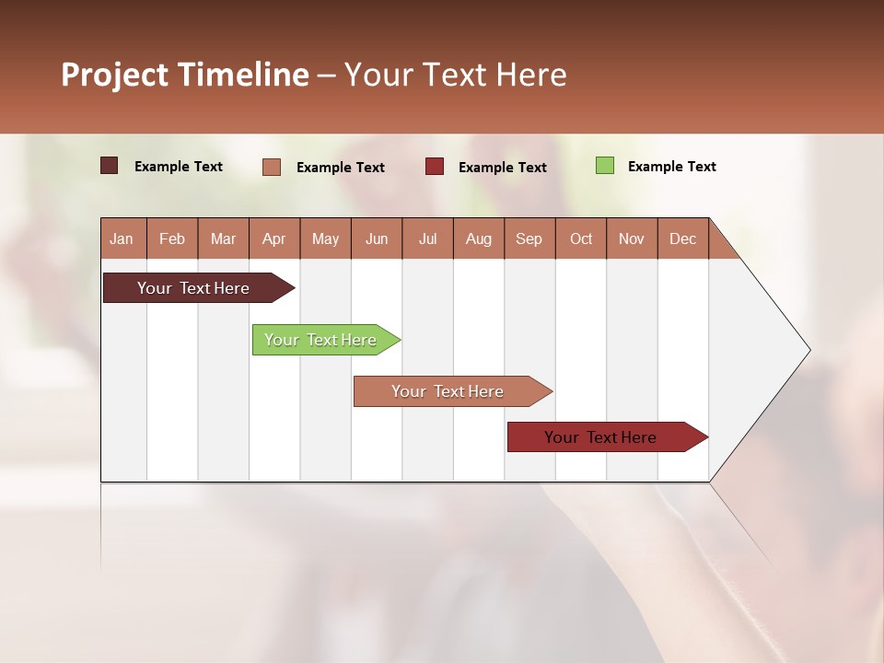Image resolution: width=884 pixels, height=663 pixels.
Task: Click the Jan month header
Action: tap(122, 238)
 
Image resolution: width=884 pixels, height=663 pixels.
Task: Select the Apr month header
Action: tap(273, 238)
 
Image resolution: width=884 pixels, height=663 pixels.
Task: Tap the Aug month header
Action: tap(478, 238)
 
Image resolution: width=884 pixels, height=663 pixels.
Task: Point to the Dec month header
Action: tap(682, 238)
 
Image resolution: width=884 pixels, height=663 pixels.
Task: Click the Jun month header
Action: tap(376, 238)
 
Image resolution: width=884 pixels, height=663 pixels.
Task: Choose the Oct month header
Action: tap(581, 238)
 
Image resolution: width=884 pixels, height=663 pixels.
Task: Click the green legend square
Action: tap(604, 166)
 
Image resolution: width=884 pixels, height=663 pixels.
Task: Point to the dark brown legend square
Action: tap(109, 166)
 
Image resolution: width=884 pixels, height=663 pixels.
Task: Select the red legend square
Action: tap(435, 167)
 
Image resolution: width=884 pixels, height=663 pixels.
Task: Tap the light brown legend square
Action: tap(272, 167)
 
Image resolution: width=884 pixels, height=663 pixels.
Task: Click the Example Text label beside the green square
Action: tap(671, 167)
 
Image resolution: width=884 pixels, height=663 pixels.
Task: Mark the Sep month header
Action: tap(529, 238)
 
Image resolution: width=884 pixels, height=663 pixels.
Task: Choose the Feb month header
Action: tap(172, 238)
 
